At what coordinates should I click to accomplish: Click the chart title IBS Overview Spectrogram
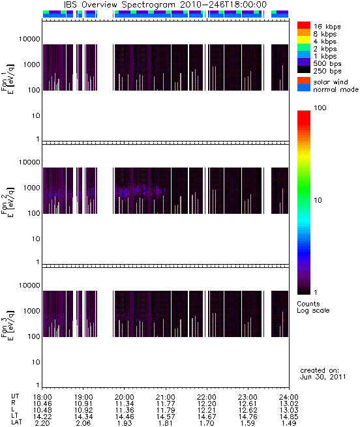119,5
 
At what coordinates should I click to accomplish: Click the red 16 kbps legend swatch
304,25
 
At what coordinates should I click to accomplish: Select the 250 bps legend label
327,71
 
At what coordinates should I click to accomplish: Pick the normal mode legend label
335,89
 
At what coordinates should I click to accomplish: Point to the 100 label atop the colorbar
320,108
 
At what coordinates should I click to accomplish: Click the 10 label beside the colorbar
318,200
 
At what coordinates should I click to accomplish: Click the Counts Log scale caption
313,307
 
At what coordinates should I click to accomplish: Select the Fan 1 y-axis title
7,80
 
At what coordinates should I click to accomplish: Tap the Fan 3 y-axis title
7,325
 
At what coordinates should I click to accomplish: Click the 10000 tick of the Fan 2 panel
29,162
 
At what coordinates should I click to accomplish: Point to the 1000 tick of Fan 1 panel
31,65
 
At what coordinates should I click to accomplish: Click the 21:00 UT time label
166,397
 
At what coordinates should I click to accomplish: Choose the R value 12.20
207,404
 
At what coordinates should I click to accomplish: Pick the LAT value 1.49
289,423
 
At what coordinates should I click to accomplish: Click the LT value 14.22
42,417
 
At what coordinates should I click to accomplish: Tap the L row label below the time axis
13,410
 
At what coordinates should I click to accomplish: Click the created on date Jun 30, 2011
323,377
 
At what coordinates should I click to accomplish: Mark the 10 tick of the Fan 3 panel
36,362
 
